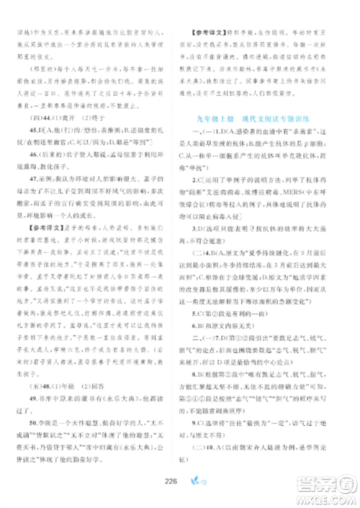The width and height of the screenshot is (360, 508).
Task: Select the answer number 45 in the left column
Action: pos(30,152)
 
